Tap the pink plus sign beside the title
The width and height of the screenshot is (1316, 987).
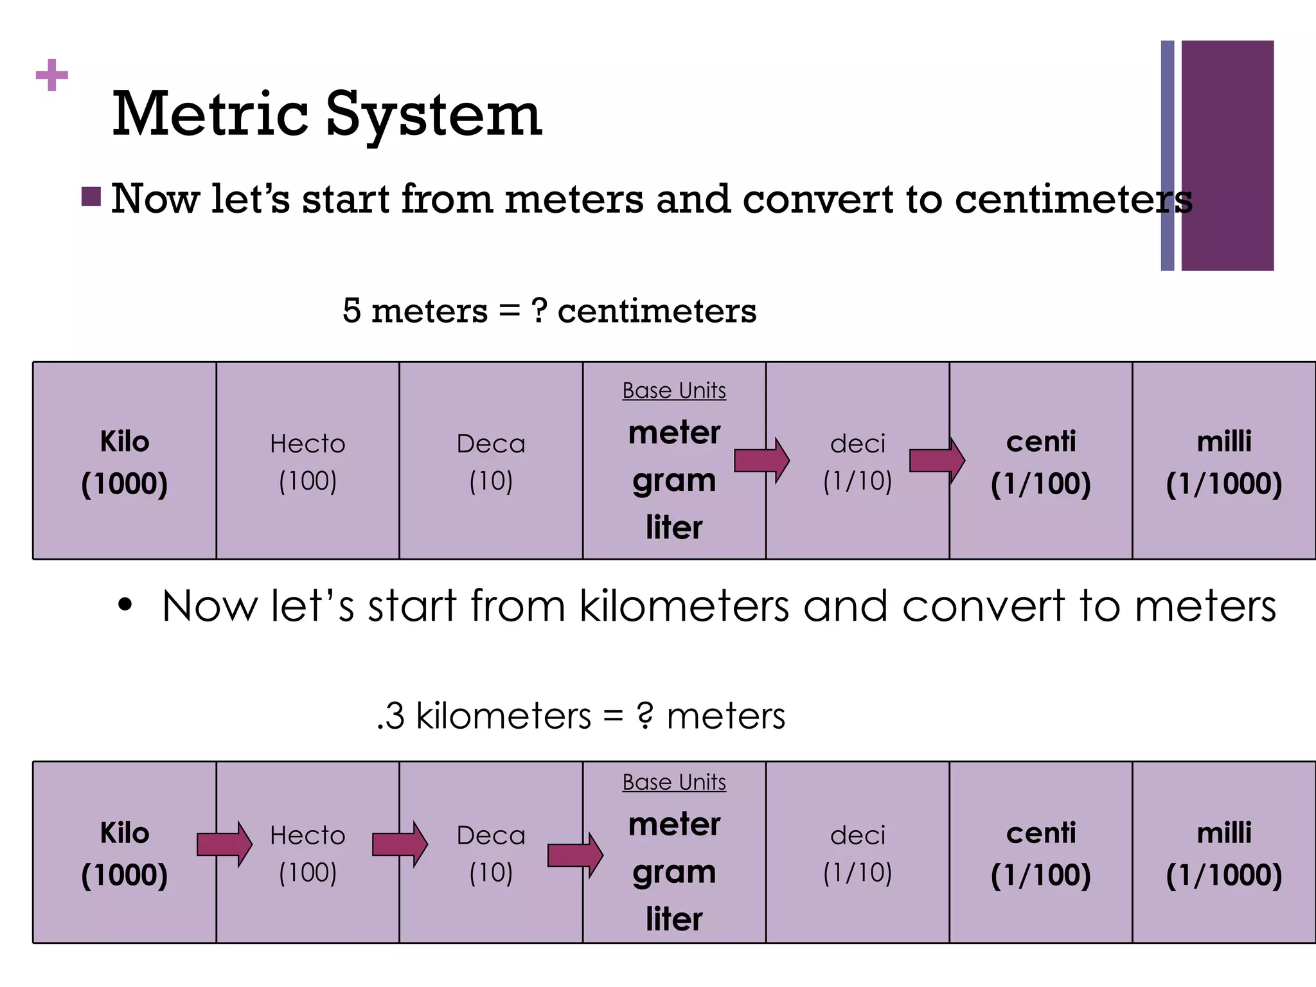click(x=52, y=75)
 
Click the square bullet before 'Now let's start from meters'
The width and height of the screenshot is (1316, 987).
click(x=91, y=197)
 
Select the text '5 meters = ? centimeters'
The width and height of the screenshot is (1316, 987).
click(x=549, y=311)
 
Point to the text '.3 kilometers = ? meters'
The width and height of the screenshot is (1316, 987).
click(x=581, y=716)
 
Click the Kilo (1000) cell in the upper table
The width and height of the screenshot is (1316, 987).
click(x=125, y=461)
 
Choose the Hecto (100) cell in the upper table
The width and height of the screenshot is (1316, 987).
click(x=308, y=461)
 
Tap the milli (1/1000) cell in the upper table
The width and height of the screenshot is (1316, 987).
click(x=1224, y=461)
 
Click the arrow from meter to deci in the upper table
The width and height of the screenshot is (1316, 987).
click(x=761, y=460)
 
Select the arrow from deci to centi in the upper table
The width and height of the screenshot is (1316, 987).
click(x=937, y=460)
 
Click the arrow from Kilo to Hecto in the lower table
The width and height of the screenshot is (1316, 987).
click(x=224, y=844)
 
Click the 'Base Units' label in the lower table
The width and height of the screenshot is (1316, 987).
click(x=674, y=782)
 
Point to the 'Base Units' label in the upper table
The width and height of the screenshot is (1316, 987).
click(x=674, y=390)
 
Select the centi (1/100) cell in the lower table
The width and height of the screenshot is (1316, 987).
click(x=1041, y=853)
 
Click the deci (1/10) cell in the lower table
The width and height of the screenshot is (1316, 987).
click(x=858, y=853)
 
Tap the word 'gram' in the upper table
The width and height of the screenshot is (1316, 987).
click(x=674, y=481)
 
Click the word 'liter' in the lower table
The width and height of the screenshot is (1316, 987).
click(x=674, y=919)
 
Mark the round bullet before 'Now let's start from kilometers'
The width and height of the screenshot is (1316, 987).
click(x=125, y=605)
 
